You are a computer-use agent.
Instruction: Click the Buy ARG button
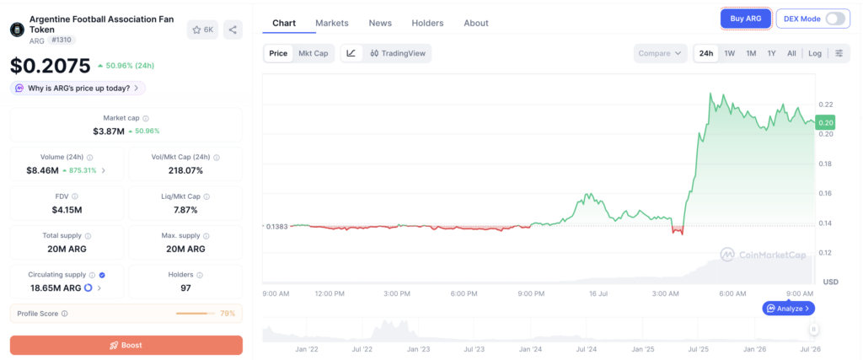[746, 19]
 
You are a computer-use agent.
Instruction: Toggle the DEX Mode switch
[835, 19]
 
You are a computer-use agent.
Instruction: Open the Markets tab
[332, 23]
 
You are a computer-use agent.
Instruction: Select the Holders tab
[427, 23]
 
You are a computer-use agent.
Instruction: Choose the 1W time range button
[729, 53]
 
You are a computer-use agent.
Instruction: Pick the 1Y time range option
[772, 53]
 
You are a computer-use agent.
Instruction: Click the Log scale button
[815, 53]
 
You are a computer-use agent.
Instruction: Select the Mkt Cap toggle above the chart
[314, 53]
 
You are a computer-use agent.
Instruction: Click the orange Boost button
[126, 345]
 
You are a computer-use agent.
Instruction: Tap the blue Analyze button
[788, 309]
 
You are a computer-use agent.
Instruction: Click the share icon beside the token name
[233, 30]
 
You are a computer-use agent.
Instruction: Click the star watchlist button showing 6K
[202, 30]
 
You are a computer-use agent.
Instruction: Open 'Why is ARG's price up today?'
[78, 88]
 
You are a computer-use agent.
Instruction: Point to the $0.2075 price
[50, 66]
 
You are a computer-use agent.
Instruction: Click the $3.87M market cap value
[109, 131]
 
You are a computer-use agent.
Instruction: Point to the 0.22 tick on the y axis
[826, 105]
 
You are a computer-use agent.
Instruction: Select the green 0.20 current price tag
[826, 123]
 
